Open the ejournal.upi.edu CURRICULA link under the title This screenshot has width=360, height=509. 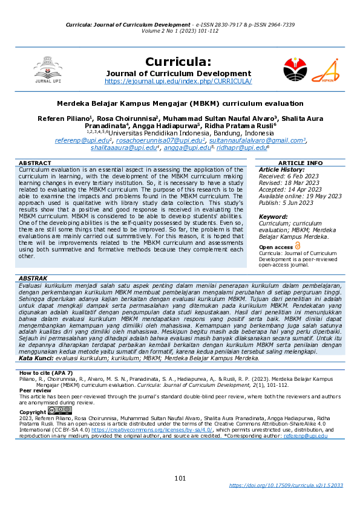point(178,81)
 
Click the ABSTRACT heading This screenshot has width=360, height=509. point(35,163)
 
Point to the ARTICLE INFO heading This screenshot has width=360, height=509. point(300,163)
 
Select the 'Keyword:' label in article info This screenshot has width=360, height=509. point(273,216)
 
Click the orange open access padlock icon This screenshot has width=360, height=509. point(297,246)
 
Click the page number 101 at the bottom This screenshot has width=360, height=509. point(180,478)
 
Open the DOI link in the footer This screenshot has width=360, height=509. point(286,485)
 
